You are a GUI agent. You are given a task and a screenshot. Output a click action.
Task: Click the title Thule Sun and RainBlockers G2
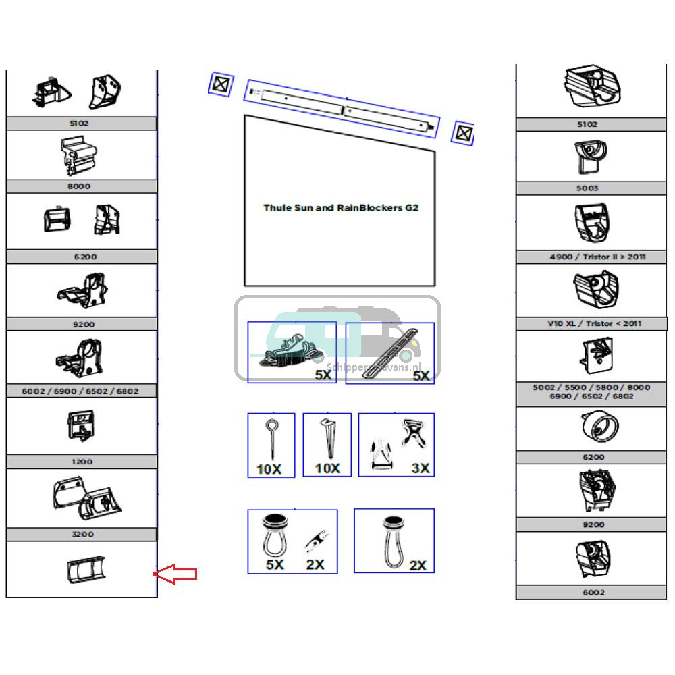[340, 207]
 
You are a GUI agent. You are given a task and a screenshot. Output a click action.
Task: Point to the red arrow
[175, 574]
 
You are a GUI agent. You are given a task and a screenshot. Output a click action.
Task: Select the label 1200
[81, 462]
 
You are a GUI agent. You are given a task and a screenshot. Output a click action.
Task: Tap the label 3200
[81, 534]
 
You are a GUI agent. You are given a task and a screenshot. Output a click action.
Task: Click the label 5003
[587, 188]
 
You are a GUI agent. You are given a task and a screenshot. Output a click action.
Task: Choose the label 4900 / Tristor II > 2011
[593, 257]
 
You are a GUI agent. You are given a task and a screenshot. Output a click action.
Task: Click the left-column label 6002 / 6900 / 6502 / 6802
[81, 391]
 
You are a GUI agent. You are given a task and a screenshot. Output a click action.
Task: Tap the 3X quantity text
[421, 468]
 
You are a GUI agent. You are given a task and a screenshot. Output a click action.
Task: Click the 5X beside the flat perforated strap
[421, 375]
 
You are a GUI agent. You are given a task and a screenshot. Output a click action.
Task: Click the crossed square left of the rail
[219, 85]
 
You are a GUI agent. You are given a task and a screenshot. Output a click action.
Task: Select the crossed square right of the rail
[462, 133]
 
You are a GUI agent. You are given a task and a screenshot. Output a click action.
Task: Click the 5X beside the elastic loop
[275, 565]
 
